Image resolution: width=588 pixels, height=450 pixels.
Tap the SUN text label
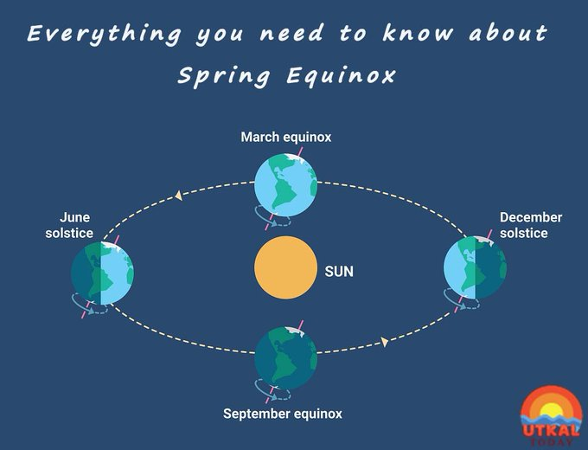click(x=339, y=271)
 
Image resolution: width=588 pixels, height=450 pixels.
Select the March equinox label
click(x=286, y=137)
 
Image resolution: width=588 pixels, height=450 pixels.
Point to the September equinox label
click(x=283, y=414)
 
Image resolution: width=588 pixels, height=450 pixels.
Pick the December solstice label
click(x=530, y=225)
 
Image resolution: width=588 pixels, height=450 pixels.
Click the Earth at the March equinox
click(x=285, y=184)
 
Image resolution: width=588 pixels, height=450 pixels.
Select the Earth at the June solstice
click(x=102, y=273)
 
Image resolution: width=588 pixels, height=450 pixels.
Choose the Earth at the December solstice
click(x=475, y=269)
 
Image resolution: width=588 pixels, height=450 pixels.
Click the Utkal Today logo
click(x=551, y=416)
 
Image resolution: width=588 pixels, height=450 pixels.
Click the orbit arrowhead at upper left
click(x=178, y=196)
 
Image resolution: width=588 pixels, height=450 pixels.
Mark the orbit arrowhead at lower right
click(x=383, y=342)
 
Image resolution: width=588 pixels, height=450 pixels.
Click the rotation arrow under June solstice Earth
click(x=89, y=302)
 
